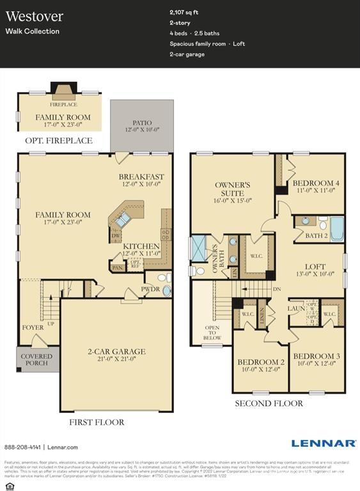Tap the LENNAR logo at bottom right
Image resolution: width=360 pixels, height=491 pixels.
pos(324,443)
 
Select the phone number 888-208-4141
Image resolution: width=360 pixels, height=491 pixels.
pos(22,448)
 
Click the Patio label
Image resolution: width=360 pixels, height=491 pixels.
pos(141,122)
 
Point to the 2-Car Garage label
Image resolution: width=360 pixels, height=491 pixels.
pos(116,352)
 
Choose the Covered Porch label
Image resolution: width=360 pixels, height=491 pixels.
pos(36,360)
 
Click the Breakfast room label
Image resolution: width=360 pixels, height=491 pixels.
pos(141,177)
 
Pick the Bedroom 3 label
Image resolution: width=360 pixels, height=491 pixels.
pos(316,356)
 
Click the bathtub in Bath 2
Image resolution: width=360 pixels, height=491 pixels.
pos(336,227)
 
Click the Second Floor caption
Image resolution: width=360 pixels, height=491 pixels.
pos(269,403)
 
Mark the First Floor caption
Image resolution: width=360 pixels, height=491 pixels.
pos(97,422)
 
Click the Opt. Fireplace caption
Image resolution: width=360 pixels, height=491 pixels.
pos(58,141)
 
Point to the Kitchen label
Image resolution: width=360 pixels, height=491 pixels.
pos(141,246)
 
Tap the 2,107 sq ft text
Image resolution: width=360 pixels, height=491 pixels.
pos(184,12)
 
